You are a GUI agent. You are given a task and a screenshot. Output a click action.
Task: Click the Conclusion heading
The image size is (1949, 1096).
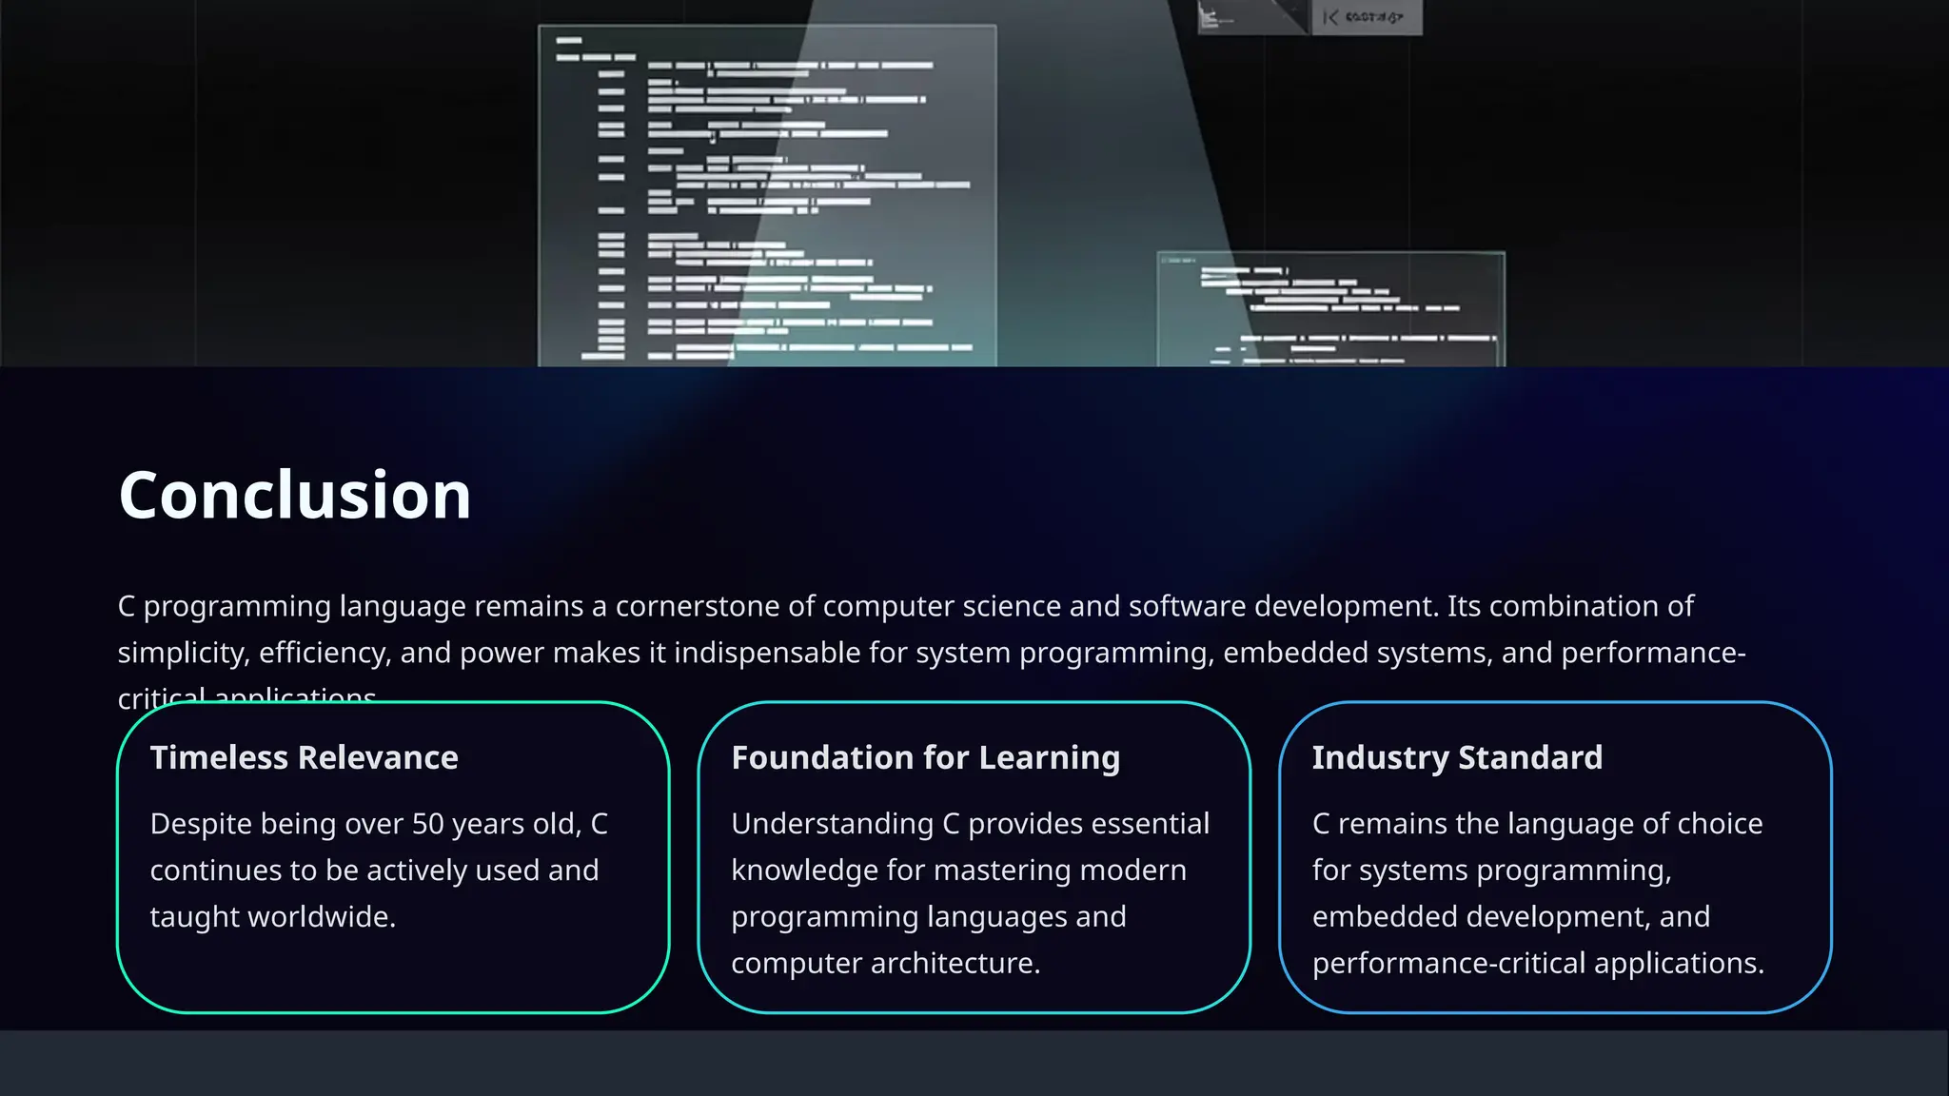tap(294, 496)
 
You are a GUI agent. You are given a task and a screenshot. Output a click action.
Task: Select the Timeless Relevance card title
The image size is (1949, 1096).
tap(304, 757)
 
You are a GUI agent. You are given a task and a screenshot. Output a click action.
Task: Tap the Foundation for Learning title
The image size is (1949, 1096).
tap(925, 757)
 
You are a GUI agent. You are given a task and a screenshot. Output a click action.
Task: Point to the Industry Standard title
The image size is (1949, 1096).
tap(1457, 757)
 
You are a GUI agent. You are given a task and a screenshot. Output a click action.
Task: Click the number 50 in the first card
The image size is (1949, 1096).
tap(428, 824)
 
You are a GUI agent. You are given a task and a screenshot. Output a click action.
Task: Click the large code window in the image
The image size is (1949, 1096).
tap(767, 195)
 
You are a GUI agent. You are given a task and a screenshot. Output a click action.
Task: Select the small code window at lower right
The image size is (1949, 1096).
tap(1330, 308)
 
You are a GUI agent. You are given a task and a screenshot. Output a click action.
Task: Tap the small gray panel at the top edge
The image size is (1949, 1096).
tap(1366, 17)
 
